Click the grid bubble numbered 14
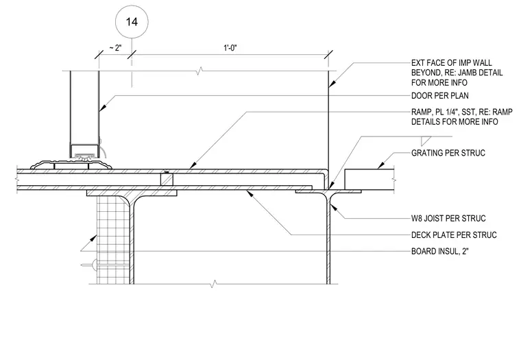132,22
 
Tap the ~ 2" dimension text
114,48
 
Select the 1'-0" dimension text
230,48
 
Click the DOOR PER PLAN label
440,96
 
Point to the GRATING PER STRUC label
448,153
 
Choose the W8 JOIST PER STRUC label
448,218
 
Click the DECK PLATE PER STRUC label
454,235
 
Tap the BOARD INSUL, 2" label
440,251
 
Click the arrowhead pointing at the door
102,108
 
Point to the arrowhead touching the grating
380,165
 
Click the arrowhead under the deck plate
250,193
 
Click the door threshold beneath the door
71,165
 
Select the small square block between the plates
167,180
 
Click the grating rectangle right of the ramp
369,179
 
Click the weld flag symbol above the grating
426,141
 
